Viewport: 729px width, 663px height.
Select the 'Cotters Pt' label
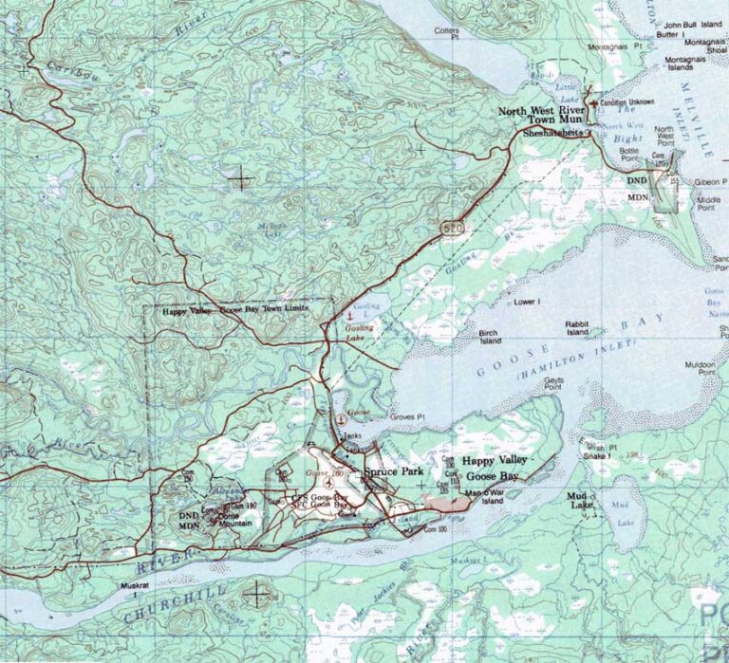point(446,33)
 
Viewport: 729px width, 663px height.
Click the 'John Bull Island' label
point(694,25)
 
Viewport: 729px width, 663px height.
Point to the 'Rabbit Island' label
point(578,328)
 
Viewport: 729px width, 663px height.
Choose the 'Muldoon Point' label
point(699,369)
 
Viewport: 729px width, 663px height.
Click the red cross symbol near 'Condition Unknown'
point(593,102)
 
